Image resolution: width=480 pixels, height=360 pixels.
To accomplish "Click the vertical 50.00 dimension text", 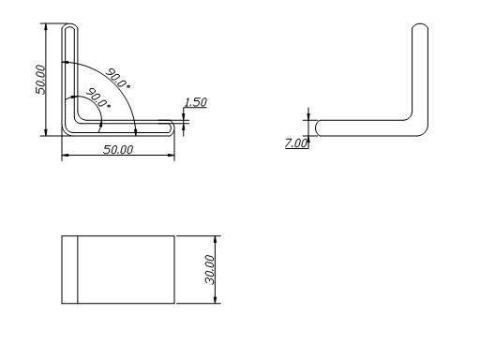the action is point(40,80).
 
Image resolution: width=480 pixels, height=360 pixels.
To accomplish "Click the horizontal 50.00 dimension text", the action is point(118,150).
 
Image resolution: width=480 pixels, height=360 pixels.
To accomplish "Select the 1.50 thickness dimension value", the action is point(196,102).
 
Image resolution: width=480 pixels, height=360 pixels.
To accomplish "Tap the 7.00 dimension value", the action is point(296,143).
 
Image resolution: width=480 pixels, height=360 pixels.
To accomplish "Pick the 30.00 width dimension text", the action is point(210,269).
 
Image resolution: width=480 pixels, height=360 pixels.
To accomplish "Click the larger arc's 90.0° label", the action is point(118,78).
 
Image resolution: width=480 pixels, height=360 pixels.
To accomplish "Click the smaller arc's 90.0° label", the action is point(98,98).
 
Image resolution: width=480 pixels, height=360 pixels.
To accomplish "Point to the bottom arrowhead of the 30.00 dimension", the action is point(215,300).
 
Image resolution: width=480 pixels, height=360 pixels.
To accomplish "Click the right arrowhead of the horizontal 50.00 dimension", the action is point(171,155).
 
